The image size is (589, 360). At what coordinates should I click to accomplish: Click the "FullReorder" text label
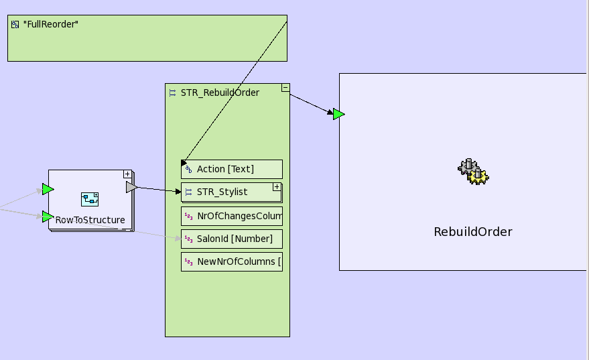click(51, 24)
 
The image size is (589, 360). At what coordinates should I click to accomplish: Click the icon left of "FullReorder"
click(15, 24)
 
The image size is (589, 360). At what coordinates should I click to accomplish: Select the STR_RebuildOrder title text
click(220, 93)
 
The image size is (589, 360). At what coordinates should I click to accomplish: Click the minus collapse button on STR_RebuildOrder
click(285, 87)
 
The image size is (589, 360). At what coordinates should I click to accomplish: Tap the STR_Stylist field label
click(222, 192)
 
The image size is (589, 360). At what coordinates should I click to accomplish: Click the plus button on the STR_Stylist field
click(277, 187)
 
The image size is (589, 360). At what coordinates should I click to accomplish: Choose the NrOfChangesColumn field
click(231, 216)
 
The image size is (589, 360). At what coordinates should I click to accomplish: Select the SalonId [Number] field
click(231, 239)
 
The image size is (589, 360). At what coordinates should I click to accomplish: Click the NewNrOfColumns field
click(231, 261)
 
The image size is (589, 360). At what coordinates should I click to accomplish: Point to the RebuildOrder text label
click(472, 232)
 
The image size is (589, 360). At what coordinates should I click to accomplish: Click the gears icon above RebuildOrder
click(473, 172)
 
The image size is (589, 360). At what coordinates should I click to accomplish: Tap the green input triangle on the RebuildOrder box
click(338, 114)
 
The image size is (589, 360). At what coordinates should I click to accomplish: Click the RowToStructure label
click(90, 219)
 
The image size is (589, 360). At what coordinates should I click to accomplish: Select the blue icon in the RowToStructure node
click(90, 198)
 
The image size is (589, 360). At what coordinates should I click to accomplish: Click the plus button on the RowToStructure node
click(127, 174)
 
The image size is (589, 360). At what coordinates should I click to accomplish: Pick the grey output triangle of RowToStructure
click(131, 187)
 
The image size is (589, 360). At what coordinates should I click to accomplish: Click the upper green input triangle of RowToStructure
click(48, 189)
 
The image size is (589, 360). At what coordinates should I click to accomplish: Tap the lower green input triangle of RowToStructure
click(48, 216)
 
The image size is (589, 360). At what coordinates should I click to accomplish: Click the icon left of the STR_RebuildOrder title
click(172, 93)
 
